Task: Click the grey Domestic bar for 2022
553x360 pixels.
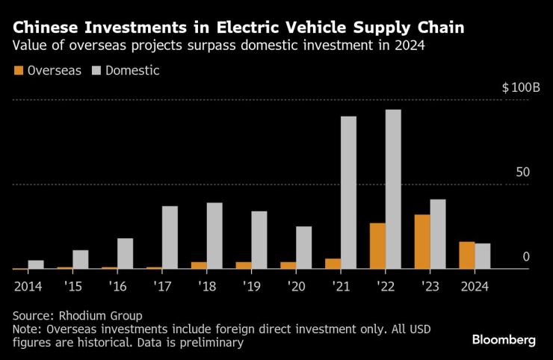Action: pyautogui.click(x=393, y=189)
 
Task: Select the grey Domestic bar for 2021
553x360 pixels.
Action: pyautogui.click(x=348, y=192)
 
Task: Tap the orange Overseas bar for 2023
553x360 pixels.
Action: pyautogui.click(x=421, y=241)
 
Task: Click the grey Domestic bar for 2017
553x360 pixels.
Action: pyautogui.click(x=170, y=237)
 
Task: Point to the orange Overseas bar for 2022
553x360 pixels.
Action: pyautogui.click(x=377, y=246)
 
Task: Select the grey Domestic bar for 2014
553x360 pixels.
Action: pyautogui.click(x=36, y=264)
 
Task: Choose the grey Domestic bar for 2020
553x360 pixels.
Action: pyautogui.click(x=303, y=247)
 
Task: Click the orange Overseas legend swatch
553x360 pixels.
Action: pyautogui.click(x=18, y=71)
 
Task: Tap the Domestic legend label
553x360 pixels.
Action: pyautogui.click(x=132, y=71)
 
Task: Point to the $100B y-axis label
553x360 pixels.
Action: pyautogui.click(x=521, y=87)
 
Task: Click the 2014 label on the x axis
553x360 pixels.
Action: pyautogui.click(x=28, y=286)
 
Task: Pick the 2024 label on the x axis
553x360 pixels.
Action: pyautogui.click(x=474, y=286)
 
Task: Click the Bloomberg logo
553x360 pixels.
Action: pyautogui.click(x=504, y=340)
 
